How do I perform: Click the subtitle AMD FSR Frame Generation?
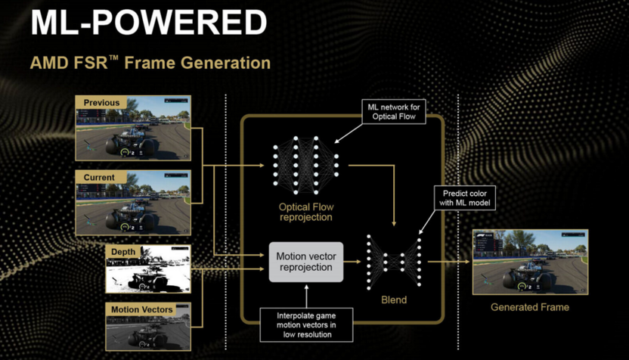click(x=150, y=62)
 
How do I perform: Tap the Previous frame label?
click(x=101, y=103)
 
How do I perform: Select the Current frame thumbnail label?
click(x=99, y=178)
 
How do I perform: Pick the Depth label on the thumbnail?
click(x=123, y=251)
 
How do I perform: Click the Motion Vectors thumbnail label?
click(x=141, y=309)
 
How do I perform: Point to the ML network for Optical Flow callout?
click(x=392, y=112)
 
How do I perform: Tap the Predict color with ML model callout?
click(x=465, y=198)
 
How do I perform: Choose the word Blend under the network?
click(x=393, y=300)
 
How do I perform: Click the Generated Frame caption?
click(x=529, y=307)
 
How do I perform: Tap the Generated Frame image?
click(x=529, y=261)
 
